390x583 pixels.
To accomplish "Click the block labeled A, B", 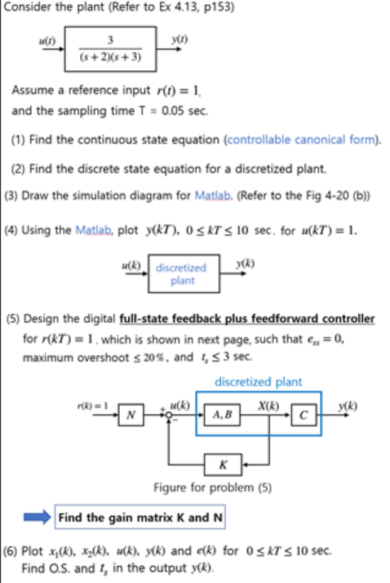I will (x=222, y=414).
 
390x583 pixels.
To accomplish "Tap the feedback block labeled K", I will (x=223, y=466).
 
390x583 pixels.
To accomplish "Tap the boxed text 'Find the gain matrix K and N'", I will (x=141, y=517).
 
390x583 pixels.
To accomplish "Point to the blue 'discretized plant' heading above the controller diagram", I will (x=258, y=381).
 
